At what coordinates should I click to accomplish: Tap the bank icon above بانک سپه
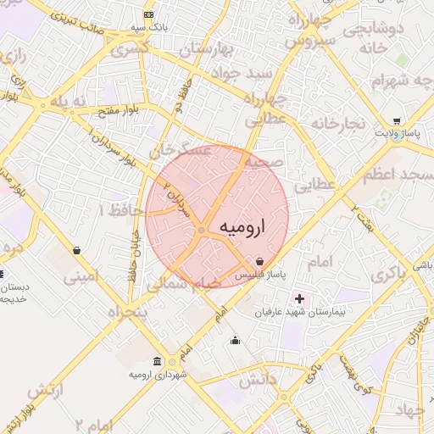[149, 16]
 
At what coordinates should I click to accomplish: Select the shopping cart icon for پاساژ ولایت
[397, 121]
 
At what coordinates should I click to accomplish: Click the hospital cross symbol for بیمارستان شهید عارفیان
[298, 298]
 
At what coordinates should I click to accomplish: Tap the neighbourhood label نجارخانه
[337, 124]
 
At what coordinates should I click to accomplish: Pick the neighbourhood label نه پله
[69, 101]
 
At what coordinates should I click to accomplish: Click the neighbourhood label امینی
[81, 275]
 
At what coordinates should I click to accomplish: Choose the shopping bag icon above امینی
[78, 251]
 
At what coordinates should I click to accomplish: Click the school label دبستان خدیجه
[14, 292]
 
